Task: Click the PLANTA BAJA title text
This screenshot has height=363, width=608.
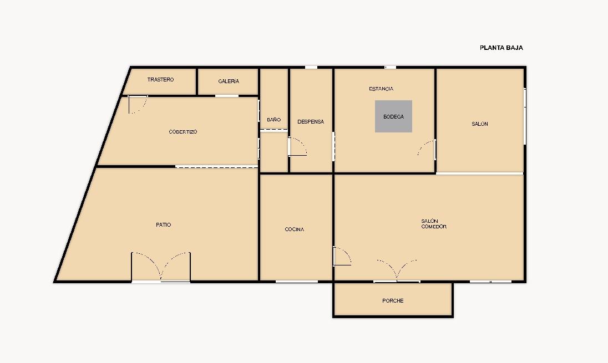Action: tap(501, 48)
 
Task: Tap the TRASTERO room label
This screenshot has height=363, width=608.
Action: tap(160, 79)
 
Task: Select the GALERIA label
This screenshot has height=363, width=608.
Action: tap(229, 81)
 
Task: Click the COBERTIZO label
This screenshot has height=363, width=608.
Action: tap(183, 132)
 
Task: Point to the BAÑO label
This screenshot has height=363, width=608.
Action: tap(273, 120)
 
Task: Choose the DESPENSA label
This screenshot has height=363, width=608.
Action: tap(311, 121)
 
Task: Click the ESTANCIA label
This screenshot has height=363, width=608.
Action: tap(381, 89)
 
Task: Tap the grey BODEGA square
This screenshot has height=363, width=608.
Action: tap(393, 116)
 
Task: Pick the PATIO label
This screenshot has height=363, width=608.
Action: tap(163, 224)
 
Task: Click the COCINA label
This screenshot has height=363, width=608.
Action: tap(295, 229)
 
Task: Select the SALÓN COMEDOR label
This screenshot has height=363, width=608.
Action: tap(434, 224)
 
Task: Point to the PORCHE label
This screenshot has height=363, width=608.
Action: tap(393, 300)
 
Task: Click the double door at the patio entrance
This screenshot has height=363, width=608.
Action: tap(161, 267)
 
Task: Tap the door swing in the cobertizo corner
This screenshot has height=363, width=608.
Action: tap(138, 105)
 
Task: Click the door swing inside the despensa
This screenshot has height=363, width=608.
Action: tap(298, 146)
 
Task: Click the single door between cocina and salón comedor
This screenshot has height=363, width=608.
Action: tap(342, 256)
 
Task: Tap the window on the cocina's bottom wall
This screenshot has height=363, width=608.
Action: tap(297, 282)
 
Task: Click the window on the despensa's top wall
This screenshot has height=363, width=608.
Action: tap(311, 68)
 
